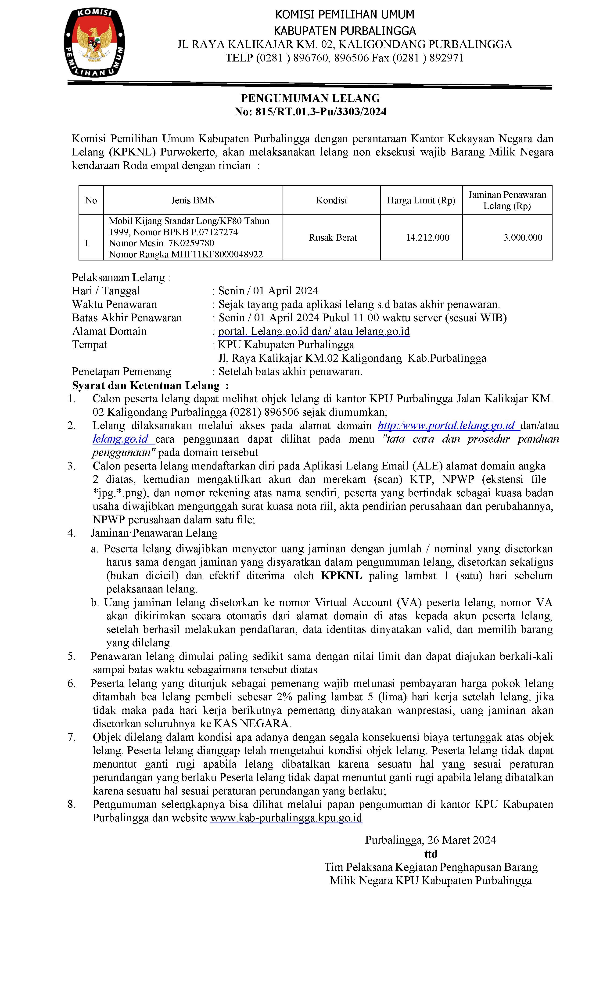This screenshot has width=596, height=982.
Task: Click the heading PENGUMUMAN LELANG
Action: [x=310, y=98]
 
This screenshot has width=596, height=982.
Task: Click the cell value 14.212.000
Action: [x=427, y=238]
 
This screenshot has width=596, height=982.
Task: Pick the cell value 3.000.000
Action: [x=523, y=238]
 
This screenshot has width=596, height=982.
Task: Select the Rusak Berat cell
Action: [x=333, y=238]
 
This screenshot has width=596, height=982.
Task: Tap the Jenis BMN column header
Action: [x=193, y=200]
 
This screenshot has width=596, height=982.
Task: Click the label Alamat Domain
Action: [x=109, y=331]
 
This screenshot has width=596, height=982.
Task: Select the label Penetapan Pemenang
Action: [x=122, y=372]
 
